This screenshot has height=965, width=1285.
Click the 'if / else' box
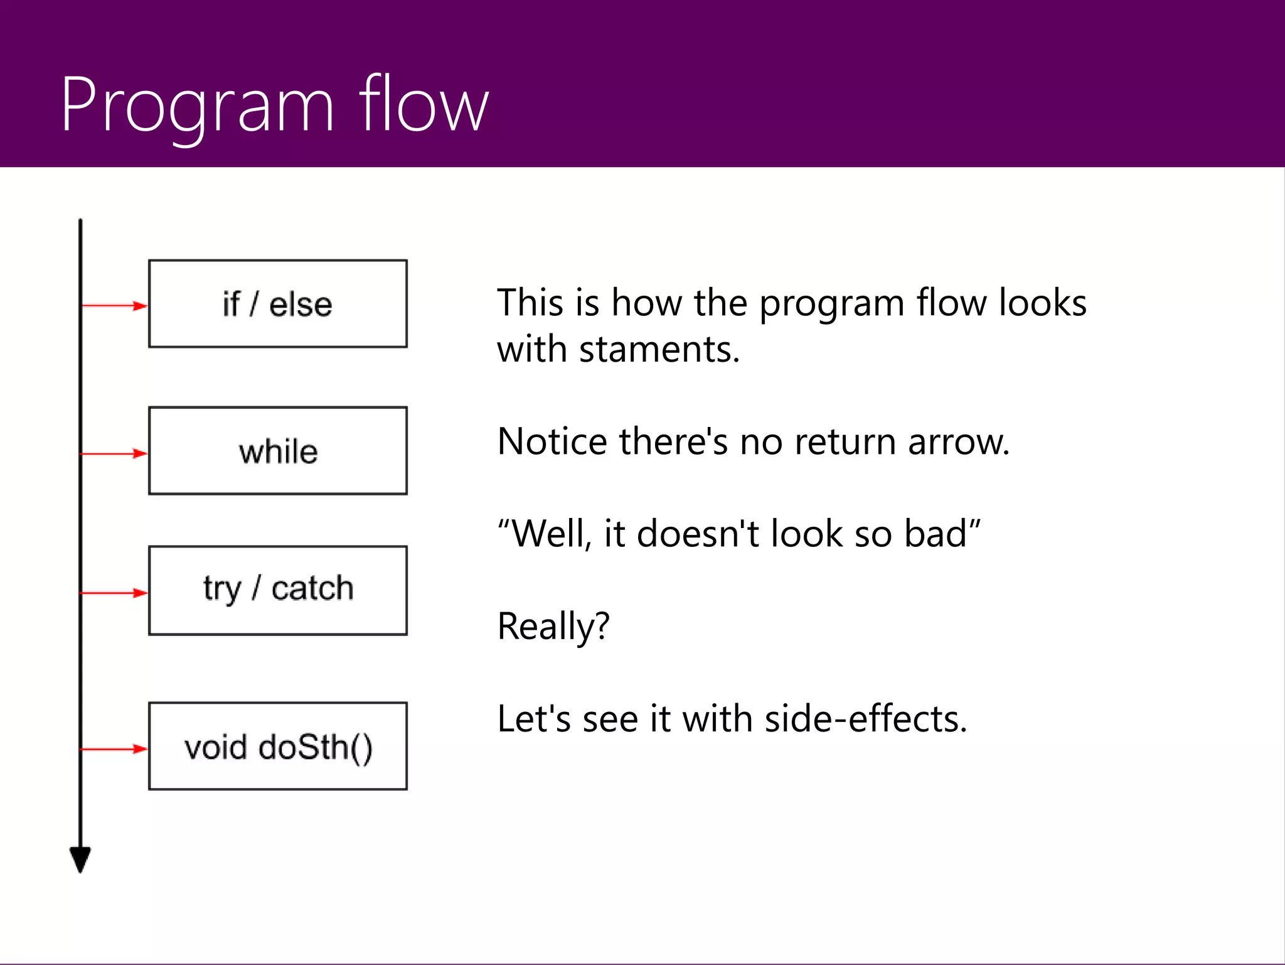click(x=277, y=304)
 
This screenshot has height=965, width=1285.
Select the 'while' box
click(x=277, y=451)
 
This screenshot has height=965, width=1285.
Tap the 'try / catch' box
click(x=277, y=590)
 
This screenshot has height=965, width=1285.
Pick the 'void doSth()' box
click(x=277, y=746)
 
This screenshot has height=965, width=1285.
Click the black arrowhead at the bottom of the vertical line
click(x=80, y=859)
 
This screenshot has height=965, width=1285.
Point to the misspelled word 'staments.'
click(x=659, y=349)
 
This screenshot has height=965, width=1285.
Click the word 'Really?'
click(x=553, y=626)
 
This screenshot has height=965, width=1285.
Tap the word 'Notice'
click(x=552, y=441)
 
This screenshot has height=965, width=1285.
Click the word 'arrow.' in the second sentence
click(x=958, y=441)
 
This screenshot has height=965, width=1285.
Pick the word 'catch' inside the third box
click(x=312, y=588)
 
